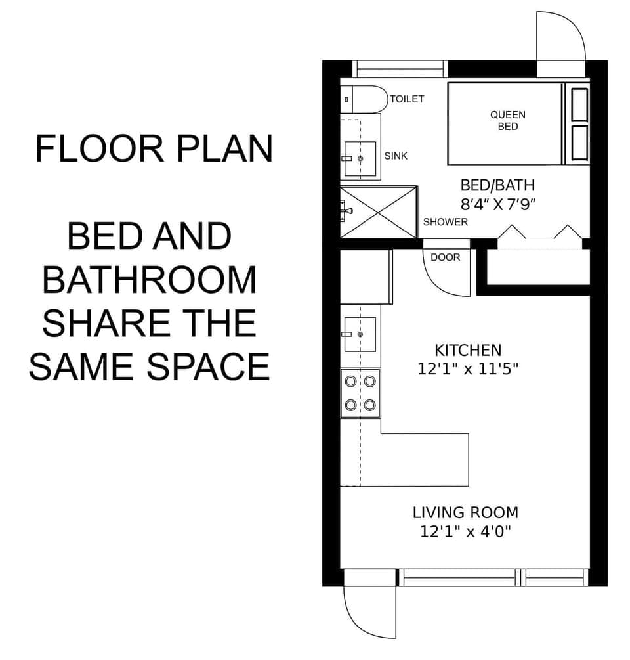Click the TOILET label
point(407,99)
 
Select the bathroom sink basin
point(360,158)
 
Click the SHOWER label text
point(446,222)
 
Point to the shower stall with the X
point(379,212)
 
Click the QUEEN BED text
point(507,120)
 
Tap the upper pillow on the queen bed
point(579,104)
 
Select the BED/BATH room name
point(497,185)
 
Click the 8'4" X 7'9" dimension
point(498,204)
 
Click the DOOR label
point(446,257)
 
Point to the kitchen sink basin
point(360,334)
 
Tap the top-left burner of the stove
point(350,380)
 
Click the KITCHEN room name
point(468,350)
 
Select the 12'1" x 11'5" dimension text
point(468,369)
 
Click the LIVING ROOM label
point(465,512)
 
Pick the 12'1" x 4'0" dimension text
point(465,531)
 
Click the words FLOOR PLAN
point(154,148)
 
